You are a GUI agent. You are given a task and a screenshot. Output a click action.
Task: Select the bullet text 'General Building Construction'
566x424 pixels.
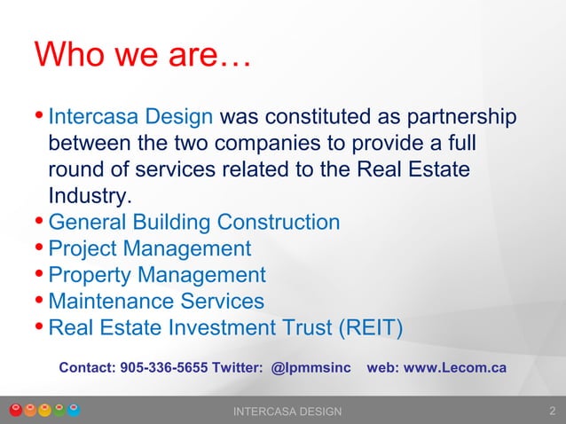pos(193,222)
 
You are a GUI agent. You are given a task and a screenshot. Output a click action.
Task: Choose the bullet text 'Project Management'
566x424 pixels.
pos(150,248)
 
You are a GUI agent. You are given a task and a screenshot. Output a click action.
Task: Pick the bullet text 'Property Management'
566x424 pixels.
pos(157,275)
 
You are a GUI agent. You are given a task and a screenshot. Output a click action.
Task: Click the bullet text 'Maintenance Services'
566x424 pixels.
pos(156,302)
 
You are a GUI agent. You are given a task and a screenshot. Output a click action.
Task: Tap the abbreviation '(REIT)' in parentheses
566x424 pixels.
pos(370,328)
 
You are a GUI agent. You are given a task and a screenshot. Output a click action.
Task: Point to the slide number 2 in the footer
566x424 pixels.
pos(553,411)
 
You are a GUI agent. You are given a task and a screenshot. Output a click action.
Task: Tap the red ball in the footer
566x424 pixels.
pos(15,410)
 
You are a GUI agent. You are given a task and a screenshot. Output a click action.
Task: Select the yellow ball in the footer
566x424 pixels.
pos(44,410)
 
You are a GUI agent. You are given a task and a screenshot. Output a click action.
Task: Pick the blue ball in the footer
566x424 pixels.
pos(75,410)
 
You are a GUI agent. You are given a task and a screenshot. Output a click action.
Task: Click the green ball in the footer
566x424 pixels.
pos(59,410)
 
